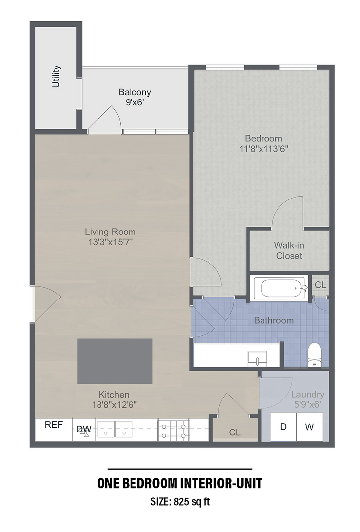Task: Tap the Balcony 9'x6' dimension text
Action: pyautogui.click(x=134, y=103)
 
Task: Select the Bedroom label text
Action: pyautogui.click(x=263, y=138)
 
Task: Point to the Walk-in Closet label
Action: pyautogui.click(x=289, y=250)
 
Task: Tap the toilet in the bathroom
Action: pyautogui.click(x=314, y=355)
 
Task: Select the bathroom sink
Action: pyautogui.click(x=257, y=357)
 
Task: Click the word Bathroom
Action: pyautogui.click(x=273, y=321)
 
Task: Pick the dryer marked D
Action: pyautogui.click(x=283, y=427)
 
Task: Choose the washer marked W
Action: pyautogui.click(x=309, y=427)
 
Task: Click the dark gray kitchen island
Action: pyautogui.click(x=115, y=361)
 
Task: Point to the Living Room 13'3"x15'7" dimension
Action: pyautogui.click(x=110, y=242)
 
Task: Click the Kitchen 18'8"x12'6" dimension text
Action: pyautogui.click(x=114, y=405)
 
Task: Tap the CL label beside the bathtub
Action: pyautogui.click(x=320, y=285)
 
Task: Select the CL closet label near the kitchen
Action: pyautogui.click(x=235, y=432)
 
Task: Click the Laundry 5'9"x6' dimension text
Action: pyautogui.click(x=307, y=404)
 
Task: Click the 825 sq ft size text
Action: pyautogui.click(x=180, y=502)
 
